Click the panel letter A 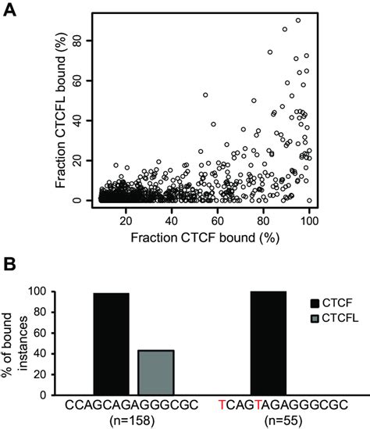click(x=9, y=10)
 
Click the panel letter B click(x=9, y=264)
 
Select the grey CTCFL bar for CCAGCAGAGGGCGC click(x=156, y=373)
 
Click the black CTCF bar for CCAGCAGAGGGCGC click(x=111, y=344)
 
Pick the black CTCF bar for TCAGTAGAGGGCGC click(x=269, y=343)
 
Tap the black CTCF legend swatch click(x=315, y=303)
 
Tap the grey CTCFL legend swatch click(x=315, y=319)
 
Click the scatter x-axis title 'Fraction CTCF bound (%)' click(x=205, y=238)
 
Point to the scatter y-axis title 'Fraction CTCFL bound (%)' click(x=61, y=110)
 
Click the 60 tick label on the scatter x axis click(x=218, y=221)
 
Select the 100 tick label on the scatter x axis click(x=309, y=221)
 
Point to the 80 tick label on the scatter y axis click(x=77, y=41)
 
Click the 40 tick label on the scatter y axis click(x=77, y=120)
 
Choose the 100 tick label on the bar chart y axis click(x=38, y=291)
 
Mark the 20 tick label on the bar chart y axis click(x=41, y=374)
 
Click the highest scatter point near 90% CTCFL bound click(x=298, y=20)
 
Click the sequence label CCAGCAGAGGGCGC click(x=131, y=405)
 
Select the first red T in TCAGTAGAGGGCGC click(x=222, y=405)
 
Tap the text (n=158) click(x=132, y=420)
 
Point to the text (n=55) click(x=283, y=420)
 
